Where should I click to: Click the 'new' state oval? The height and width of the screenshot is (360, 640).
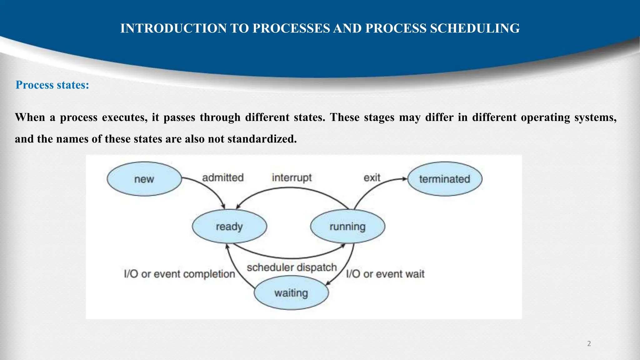pyautogui.click(x=144, y=179)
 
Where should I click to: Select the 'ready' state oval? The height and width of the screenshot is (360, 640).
pyautogui.click(x=229, y=227)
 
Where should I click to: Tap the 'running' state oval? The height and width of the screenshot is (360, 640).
pyautogui.click(x=347, y=227)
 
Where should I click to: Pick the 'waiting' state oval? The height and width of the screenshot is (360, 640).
pyautogui.click(x=291, y=293)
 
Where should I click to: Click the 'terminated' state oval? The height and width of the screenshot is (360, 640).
pyautogui.click(x=445, y=179)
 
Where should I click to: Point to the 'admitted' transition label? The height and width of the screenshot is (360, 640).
pyautogui.click(x=223, y=177)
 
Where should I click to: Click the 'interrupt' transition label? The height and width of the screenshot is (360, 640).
pyautogui.click(x=292, y=177)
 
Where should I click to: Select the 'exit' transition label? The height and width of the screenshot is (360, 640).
pyautogui.click(x=372, y=177)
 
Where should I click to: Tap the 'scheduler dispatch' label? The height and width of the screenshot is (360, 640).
pyautogui.click(x=292, y=267)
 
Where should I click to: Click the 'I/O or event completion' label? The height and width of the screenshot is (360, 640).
pyautogui.click(x=179, y=274)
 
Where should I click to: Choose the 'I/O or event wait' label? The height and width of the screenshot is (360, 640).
pyautogui.click(x=385, y=274)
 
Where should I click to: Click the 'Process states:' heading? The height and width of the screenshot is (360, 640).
pyautogui.click(x=52, y=85)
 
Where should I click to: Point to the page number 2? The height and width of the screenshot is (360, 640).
pyautogui.click(x=589, y=344)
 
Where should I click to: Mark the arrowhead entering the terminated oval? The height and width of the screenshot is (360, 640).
pyautogui.click(x=405, y=179)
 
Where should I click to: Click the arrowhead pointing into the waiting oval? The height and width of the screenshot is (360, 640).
pyautogui.click(x=327, y=284)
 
